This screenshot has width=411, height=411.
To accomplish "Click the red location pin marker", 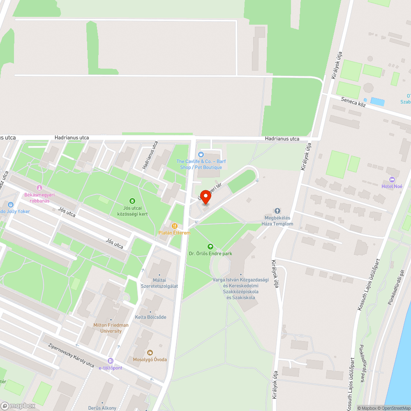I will [x=205, y=197].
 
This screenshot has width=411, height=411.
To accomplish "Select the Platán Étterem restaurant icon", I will [x=175, y=226].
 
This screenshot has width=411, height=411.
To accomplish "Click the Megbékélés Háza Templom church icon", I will [x=277, y=211].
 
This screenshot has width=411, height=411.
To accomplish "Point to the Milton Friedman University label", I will [x=111, y=328].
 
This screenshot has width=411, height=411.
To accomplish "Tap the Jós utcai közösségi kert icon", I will [x=132, y=201].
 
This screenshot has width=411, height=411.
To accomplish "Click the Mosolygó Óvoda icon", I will [x=150, y=352].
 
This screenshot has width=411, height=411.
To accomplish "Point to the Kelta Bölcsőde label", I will [x=150, y=317].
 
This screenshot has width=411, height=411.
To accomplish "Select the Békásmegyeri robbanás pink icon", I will [x=39, y=188].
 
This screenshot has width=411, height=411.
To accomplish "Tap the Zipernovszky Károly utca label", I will [x=71, y=356].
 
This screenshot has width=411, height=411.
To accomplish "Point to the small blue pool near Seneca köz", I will [x=377, y=101].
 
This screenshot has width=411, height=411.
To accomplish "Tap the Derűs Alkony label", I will [x=102, y=408].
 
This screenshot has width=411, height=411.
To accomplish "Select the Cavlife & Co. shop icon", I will [x=201, y=155].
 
